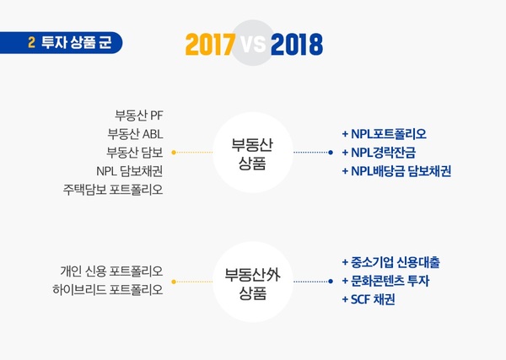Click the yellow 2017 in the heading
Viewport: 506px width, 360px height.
click(210, 44)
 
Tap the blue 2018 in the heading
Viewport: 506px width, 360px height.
click(297, 44)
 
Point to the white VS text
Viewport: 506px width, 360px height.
click(253, 44)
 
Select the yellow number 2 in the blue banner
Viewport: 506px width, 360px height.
click(31, 42)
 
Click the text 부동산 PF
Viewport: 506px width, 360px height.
click(139, 116)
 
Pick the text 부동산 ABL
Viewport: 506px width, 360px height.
click(135, 134)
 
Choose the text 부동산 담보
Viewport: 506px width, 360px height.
click(135, 153)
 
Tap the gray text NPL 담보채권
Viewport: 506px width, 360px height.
click(129, 171)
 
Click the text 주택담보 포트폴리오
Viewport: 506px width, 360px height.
click(113, 190)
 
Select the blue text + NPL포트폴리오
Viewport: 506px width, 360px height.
click(384, 134)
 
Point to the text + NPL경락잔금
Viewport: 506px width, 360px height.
click(379, 153)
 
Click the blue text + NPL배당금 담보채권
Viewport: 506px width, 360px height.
click(396, 171)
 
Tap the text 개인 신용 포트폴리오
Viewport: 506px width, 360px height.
click(111, 271)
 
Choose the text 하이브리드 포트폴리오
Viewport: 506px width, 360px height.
click(108, 289)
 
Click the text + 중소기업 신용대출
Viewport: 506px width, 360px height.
click(390, 262)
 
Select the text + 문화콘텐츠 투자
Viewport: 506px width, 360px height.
click(385, 281)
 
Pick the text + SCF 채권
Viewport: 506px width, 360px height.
click(369, 299)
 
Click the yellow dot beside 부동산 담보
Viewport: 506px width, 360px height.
click(174, 153)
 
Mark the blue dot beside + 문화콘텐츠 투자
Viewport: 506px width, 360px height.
click(331, 282)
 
